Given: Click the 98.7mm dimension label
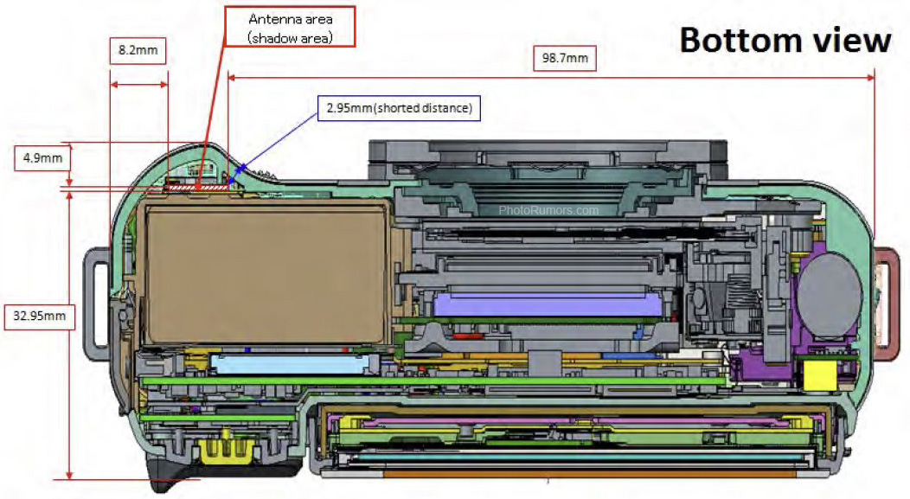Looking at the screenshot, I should pos(561,59).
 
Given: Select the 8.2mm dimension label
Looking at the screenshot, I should pos(138,50).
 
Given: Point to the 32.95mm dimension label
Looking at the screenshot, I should pos(39,316).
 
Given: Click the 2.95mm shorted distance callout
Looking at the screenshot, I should pos(400,108).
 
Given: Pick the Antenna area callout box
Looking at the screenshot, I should pos(289,27).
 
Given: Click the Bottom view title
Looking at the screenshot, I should pos(785,40).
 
